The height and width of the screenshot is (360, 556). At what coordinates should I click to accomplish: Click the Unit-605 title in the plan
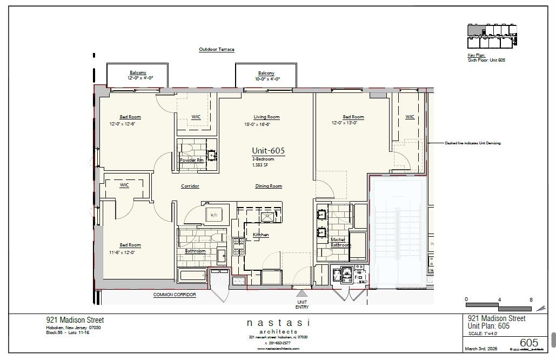click(x=268, y=151)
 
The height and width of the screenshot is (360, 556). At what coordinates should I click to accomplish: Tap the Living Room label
click(x=266, y=117)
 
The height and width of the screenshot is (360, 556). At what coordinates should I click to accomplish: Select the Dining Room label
click(x=269, y=186)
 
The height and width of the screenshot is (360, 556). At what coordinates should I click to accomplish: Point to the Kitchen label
click(x=260, y=235)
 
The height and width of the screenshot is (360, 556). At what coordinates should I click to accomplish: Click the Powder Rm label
click(x=191, y=160)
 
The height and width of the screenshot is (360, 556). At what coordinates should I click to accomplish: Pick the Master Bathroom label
click(x=340, y=242)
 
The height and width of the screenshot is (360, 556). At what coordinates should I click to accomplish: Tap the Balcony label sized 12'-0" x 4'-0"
click(x=138, y=74)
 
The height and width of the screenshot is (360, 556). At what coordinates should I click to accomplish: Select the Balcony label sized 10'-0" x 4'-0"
click(x=266, y=74)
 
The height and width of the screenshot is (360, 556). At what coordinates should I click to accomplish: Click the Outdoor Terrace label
click(x=216, y=50)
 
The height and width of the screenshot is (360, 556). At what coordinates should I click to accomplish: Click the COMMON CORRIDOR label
click(x=174, y=295)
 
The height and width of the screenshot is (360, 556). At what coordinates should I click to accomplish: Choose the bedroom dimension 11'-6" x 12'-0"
click(x=122, y=252)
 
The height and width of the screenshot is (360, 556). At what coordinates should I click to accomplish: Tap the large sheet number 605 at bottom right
click(x=528, y=343)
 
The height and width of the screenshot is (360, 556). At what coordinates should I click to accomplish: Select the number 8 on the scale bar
click(x=531, y=299)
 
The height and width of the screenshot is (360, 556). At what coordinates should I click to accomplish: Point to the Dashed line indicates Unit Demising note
click(x=472, y=143)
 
